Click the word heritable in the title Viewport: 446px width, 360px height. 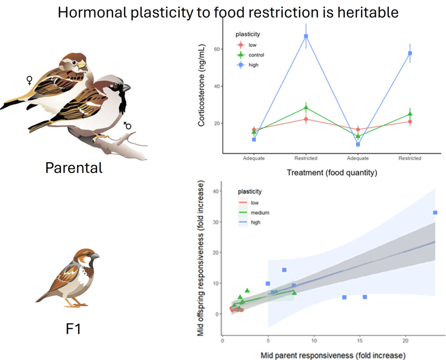click(x=366, y=12)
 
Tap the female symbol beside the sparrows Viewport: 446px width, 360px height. click(x=30, y=81)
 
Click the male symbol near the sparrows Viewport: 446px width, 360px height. click(x=127, y=125)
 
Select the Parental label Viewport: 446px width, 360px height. click(x=74, y=167)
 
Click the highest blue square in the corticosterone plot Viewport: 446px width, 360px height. click(x=306, y=36)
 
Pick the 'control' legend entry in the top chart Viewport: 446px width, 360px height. click(x=256, y=55)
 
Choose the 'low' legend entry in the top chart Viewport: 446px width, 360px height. click(x=252, y=45)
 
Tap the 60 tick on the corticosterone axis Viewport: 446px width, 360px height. click(x=217, y=49)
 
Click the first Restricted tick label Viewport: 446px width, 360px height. click(x=306, y=158)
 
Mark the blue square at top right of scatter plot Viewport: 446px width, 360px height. click(x=435, y=212)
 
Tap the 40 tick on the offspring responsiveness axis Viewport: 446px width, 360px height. click(x=216, y=191)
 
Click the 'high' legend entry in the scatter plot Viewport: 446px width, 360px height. click(x=255, y=223)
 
